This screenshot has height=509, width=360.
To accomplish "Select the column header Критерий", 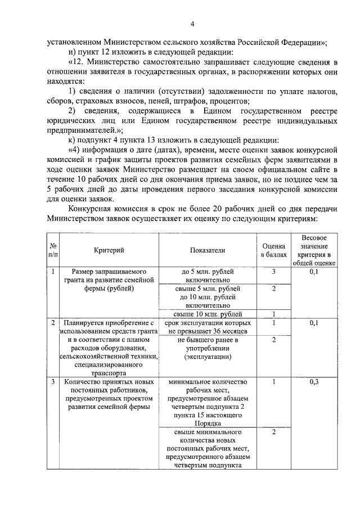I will pyautogui.click(x=109, y=250).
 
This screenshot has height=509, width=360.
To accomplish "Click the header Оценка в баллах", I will pyautogui.click(x=273, y=250).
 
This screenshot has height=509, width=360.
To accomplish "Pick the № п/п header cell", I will pyautogui.click(x=52, y=250).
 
